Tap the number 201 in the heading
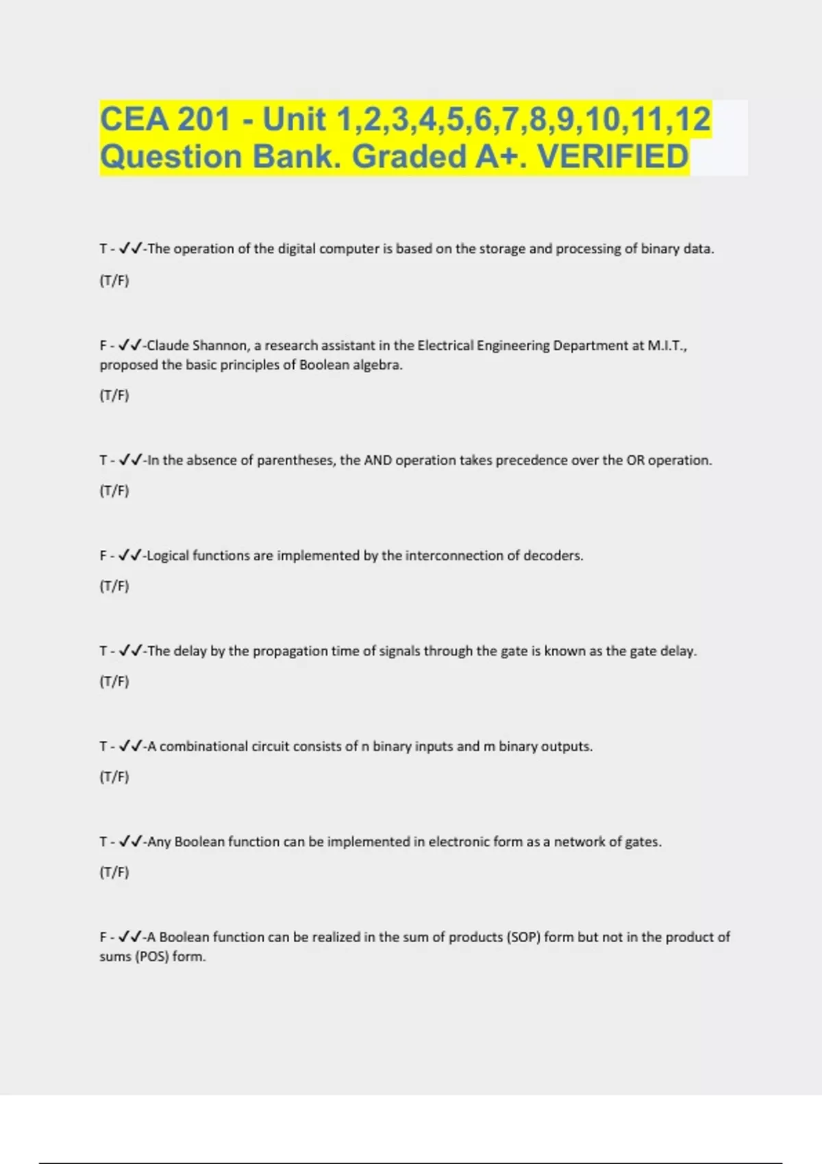click(204, 119)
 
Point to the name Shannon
click(219, 345)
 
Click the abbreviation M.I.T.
click(666, 345)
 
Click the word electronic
click(458, 842)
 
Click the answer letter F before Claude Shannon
click(103, 345)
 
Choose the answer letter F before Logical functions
click(103, 555)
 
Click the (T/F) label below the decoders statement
click(114, 585)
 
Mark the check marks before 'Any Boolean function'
click(130, 842)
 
